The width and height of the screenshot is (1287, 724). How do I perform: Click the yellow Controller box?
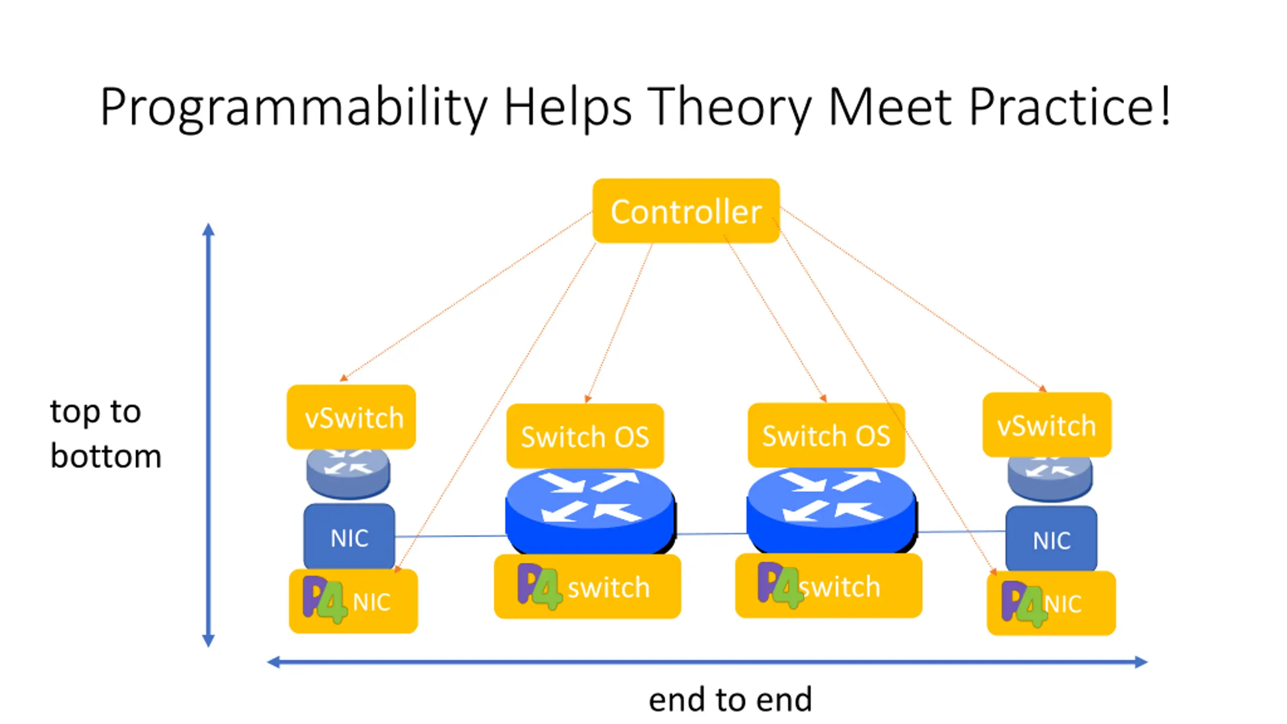click(x=686, y=211)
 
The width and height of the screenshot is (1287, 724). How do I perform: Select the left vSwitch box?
click(x=351, y=417)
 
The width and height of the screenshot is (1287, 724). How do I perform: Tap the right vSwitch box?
click(x=1047, y=425)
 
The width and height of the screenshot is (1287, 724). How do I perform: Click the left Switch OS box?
click(x=585, y=436)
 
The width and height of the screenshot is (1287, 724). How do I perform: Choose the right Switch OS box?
click(x=826, y=435)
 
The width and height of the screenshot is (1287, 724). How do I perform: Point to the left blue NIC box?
click(x=349, y=537)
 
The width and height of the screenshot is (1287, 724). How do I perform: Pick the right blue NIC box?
click(x=1051, y=539)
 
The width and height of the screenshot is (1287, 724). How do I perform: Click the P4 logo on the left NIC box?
click(x=324, y=599)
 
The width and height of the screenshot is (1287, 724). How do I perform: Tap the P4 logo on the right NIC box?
click(x=1024, y=604)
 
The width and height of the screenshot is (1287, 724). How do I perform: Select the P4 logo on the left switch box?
click(x=539, y=586)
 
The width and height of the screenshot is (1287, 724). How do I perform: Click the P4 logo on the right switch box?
click(x=780, y=585)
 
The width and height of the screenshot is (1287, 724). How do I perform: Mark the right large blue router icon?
click(x=832, y=509)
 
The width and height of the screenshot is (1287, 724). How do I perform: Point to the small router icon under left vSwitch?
click(x=348, y=473)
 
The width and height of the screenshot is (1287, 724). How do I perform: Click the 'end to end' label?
click(x=730, y=699)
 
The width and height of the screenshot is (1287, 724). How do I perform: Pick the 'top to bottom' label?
click(x=106, y=433)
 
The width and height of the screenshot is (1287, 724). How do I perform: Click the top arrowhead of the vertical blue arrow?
click(x=208, y=229)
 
